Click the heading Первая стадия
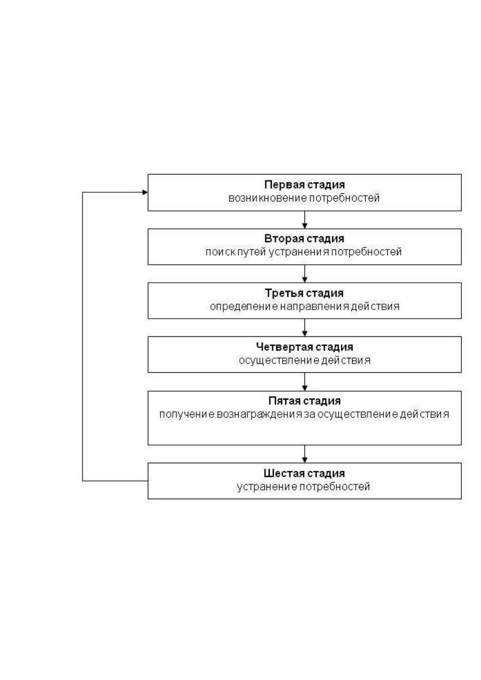click(304, 185)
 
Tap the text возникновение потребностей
click(304, 198)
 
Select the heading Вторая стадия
click(304, 239)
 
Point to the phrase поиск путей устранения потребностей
click(304, 252)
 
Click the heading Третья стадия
click(304, 293)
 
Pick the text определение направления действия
click(305, 306)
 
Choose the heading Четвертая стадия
click(305, 347)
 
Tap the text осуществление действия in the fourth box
click(305, 360)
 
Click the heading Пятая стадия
click(305, 401)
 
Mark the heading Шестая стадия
click(304, 473)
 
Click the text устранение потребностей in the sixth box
click(303, 487)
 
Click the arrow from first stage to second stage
click(305, 220)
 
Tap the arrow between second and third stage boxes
click(305, 274)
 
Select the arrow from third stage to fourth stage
click(305, 327)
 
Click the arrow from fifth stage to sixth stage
click(305, 454)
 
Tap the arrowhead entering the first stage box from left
click(145, 192)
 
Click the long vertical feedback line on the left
click(83, 337)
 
